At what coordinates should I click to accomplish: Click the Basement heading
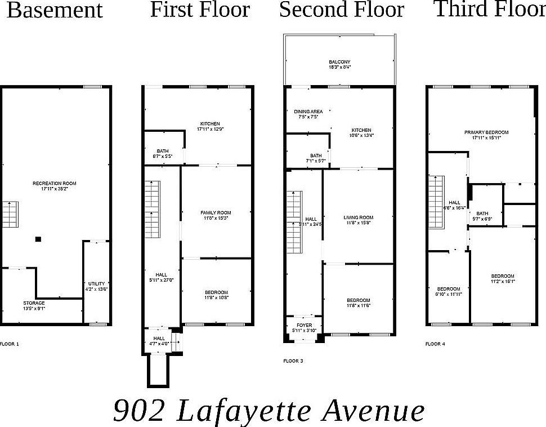(x=55, y=11)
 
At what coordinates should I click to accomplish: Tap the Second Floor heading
(x=342, y=10)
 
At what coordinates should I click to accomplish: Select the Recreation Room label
(x=55, y=186)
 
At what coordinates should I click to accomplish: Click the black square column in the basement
(x=38, y=239)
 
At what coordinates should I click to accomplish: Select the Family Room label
(x=216, y=215)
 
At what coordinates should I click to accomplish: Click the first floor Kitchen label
(x=209, y=126)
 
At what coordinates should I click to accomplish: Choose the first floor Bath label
(x=163, y=153)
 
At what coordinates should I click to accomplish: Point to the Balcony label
(x=339, y=64)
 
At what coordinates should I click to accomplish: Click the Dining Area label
(x=308, y=114)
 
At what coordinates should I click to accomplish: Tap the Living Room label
(x=359, y=220)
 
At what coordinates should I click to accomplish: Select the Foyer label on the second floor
(x=304, y=327)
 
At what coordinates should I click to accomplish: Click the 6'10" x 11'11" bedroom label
(x=449, y=291)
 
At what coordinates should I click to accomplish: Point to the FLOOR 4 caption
(x=436, y=343)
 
